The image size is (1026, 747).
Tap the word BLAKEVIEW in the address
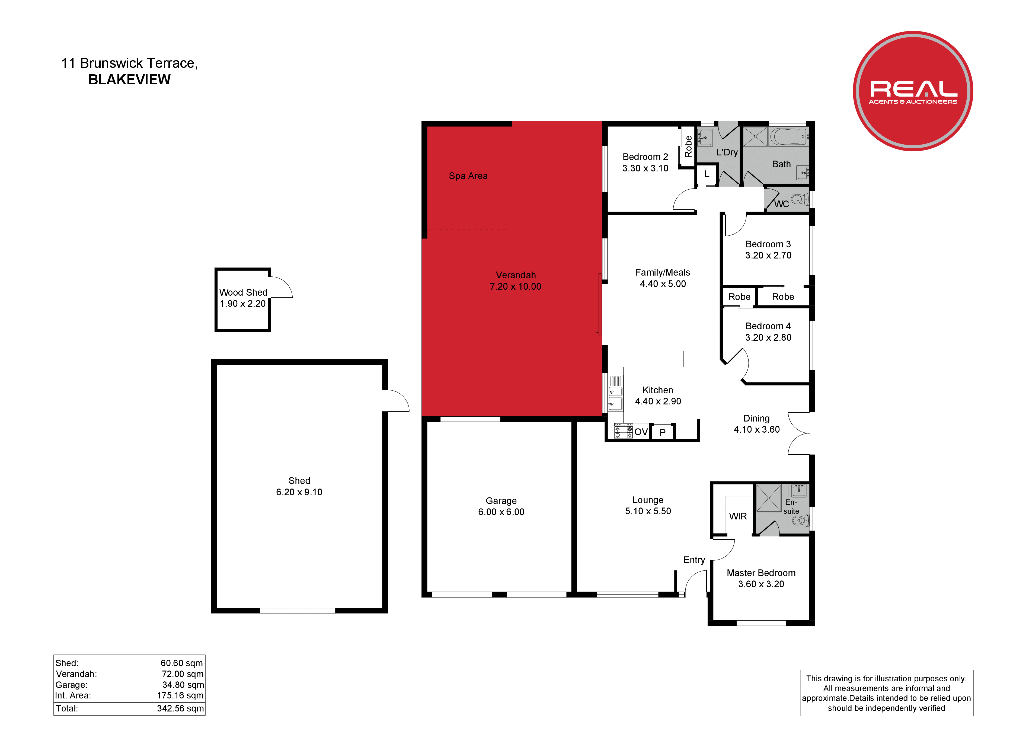[x=129, y=80]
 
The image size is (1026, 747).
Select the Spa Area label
[x=468, y=176]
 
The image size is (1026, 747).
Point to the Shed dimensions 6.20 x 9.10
[x=299, y=492]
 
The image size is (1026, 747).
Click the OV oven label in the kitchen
[x=641, y=432]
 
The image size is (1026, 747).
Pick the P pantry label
[x=662, y=433]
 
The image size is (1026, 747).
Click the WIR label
[x=738, y=516]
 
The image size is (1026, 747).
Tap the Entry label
[x=694, y=560]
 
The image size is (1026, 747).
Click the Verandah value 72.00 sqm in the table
[x=183, y=674]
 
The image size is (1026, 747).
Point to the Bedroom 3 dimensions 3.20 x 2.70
[x=768, y=256]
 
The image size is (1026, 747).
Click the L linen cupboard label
[x=707, y=174]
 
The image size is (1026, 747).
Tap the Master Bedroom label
[x=761, y=573]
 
